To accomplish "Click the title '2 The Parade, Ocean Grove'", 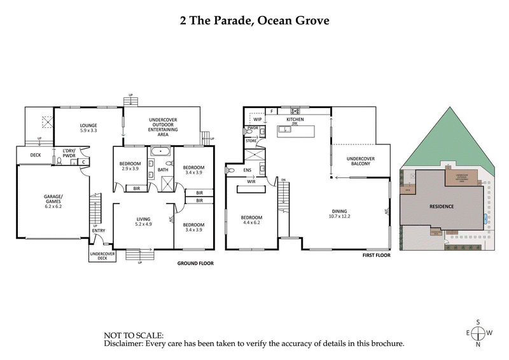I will point(254,20).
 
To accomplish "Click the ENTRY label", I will point(99,239).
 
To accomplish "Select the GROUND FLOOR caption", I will point(195,263).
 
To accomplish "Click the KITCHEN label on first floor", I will point(296,119).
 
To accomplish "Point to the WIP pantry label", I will point(258,119).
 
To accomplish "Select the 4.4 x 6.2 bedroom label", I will point(251,219).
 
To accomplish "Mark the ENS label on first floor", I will point(248,170).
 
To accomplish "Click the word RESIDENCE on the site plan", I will point(442,207).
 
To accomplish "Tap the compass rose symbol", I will point(478,332).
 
